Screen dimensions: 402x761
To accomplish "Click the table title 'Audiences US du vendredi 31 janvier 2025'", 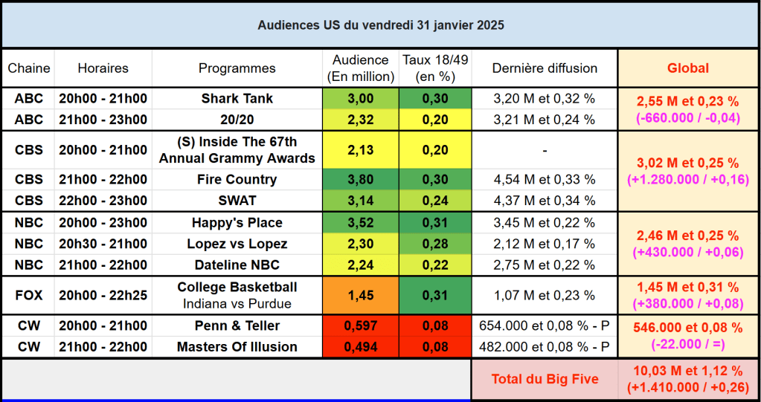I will coord(380,25).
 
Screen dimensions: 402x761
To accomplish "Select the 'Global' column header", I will coord(687,68).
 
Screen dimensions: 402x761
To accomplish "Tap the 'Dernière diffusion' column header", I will coord(545,68).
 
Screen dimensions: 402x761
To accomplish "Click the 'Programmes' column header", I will coord(237,68).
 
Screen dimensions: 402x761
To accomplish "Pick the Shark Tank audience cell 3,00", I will coord(360,98).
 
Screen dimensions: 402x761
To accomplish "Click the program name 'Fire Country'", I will coord(237,179).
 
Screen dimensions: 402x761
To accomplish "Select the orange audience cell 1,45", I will coord(360,295).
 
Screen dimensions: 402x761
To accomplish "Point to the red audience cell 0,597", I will coord(360,325).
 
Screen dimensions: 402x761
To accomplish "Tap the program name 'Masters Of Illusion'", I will coord(237,347).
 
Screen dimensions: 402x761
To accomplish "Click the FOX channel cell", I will coord(28,295).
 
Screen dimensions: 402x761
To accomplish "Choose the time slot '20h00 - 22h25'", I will coord(103,295).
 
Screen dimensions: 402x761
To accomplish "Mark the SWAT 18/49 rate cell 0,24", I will coord(434,201).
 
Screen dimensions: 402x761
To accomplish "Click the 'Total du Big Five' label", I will coord(545,379).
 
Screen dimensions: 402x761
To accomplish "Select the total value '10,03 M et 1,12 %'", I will coord(687,371).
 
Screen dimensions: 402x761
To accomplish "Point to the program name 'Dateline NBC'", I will coord(237,265).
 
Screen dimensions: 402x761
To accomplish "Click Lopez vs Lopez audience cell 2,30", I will coord(360,244).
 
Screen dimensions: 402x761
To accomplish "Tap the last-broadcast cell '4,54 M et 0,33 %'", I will coord(545,179).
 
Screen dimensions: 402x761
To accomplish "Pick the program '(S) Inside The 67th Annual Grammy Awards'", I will coord(237,149).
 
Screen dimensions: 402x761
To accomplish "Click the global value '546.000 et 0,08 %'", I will coord(687,328).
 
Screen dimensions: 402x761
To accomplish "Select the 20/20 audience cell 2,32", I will coord(360,120).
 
